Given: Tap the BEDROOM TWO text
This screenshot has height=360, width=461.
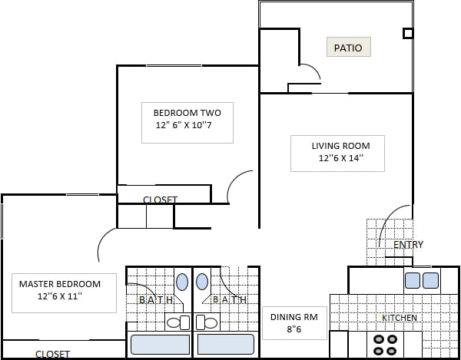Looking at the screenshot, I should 187,113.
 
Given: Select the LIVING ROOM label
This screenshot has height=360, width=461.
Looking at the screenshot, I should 340,146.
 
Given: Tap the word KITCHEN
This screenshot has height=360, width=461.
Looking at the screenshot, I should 400,318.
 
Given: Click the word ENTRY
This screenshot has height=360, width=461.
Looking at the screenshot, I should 408,245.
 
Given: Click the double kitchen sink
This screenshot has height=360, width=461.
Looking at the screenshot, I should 421,280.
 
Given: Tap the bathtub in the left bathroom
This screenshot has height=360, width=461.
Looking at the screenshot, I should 160,344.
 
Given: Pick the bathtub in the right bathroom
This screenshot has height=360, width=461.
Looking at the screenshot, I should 225,344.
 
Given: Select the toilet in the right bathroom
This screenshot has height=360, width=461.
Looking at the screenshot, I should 207,322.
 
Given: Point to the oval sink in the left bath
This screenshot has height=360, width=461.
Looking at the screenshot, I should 182,282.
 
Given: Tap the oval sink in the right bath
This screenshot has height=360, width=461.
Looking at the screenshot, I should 204,282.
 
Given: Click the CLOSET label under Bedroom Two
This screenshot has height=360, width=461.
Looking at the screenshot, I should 160,200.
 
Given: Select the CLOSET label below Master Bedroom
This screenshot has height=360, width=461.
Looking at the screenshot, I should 52,354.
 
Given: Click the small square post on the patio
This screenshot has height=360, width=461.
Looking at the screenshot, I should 408,34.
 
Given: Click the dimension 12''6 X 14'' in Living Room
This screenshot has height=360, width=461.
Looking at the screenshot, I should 340,159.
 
